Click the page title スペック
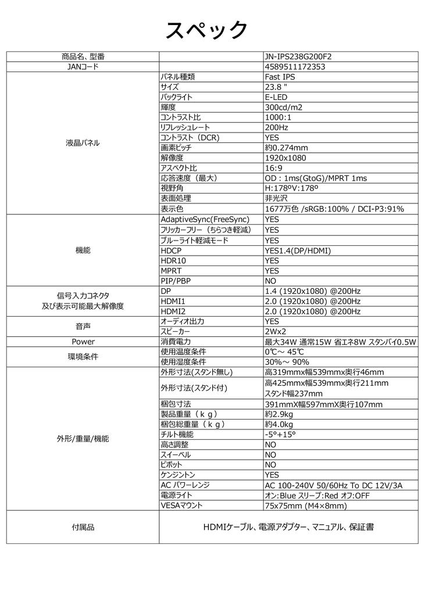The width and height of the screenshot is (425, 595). (207, 29)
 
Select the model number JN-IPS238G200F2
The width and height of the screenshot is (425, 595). (298, 56)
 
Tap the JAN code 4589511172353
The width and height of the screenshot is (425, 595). (295, 67)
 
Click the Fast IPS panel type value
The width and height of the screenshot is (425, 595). (280, 77)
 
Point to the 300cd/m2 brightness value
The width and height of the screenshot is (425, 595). (283, 107)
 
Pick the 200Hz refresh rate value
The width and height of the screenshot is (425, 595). (276, 127)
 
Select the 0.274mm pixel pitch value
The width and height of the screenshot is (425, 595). (286, 148)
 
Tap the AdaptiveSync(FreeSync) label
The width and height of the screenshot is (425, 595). (205, 219)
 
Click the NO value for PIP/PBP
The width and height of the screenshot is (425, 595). (270, 281)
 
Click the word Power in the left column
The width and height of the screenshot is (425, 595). (83, 342)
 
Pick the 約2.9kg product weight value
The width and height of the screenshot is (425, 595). (278, 414)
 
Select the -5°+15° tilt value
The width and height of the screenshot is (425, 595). (280, 434)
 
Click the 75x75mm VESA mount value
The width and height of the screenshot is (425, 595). (305, 506)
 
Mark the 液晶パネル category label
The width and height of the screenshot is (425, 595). (83, 142)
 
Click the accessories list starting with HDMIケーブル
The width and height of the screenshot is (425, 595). (288, 527)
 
